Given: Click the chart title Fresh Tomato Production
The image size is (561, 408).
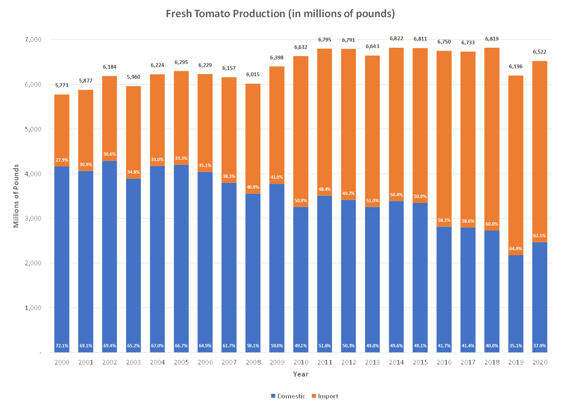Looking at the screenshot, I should point(280,14).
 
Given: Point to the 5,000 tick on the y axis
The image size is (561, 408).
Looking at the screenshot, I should point(32,129).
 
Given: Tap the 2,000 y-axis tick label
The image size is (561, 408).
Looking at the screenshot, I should point(32,263).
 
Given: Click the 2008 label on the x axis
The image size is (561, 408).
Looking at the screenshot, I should point(253,362).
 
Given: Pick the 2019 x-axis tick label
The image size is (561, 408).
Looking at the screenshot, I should point(516,362).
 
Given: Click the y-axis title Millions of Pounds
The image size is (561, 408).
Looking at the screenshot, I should point(16,196).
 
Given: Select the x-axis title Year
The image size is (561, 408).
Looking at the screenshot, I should point(301,374).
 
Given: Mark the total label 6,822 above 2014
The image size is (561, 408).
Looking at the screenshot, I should point(396,38).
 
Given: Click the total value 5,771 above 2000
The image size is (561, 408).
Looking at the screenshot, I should point(62,85).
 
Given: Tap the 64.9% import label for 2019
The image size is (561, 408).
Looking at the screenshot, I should point(516,249).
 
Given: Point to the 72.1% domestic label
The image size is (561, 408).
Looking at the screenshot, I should point(62,346).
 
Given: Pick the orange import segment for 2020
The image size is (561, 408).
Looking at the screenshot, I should point(540,146).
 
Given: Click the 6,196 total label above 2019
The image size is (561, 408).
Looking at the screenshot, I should point(516,67).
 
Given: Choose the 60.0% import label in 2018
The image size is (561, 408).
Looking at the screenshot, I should point(492,224).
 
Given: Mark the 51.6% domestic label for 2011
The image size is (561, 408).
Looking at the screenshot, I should point(324,346).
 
